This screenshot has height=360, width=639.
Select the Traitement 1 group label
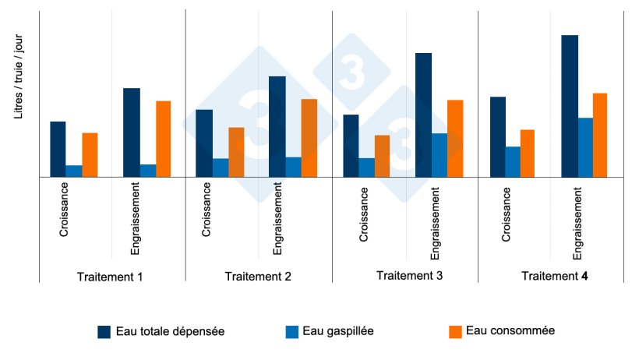(110, 277)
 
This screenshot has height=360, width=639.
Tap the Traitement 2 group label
(257, 277)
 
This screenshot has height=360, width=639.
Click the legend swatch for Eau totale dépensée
(104, 331)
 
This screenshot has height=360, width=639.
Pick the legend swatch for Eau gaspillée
(292, 331)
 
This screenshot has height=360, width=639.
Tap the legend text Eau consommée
(510, 330)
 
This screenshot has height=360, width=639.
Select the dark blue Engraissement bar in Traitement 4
(570, 106)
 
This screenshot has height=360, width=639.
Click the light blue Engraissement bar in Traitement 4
(585, 147)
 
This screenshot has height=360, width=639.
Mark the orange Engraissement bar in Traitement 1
(163, 139)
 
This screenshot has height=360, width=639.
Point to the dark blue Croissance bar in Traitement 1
(58, 149)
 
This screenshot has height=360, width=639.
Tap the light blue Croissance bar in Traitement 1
(74, 171)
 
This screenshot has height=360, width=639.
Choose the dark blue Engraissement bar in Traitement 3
(423, 115)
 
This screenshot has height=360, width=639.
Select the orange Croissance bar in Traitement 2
(236, 152)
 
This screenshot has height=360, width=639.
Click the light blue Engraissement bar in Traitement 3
(440, 155)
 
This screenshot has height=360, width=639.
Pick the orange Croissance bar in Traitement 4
(527, 153)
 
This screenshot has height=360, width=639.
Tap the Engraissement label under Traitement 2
(277, 219)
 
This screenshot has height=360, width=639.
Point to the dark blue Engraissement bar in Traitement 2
(277, 126)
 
